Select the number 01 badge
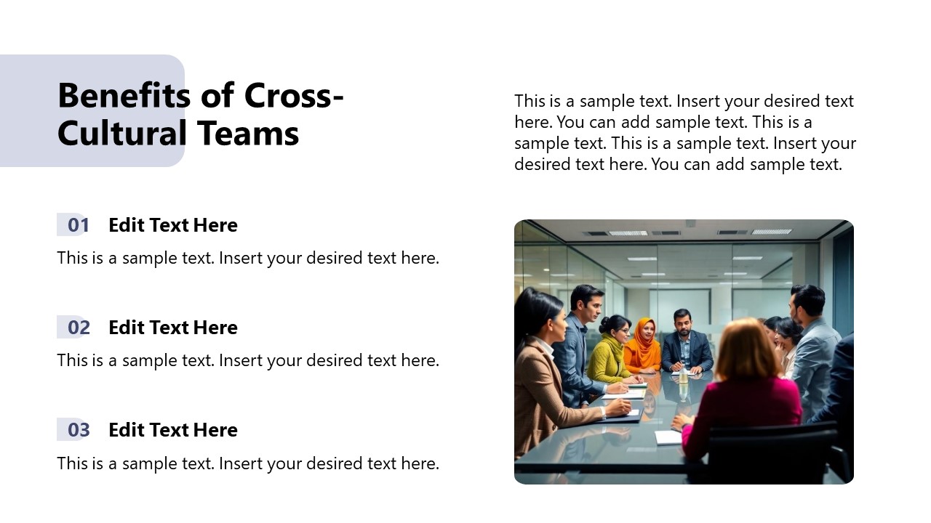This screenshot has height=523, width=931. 77,225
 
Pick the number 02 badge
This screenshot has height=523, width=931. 77,328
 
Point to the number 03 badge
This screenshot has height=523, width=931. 77,430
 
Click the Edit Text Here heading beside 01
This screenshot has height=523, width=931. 173,225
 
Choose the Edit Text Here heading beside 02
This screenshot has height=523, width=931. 173,328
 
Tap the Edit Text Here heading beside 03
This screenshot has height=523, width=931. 173,430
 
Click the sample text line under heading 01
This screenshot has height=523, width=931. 248,258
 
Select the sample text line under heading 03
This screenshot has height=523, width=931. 248,463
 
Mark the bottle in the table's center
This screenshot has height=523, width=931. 683,376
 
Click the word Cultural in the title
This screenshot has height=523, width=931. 117,134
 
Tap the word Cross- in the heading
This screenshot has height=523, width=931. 293,95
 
